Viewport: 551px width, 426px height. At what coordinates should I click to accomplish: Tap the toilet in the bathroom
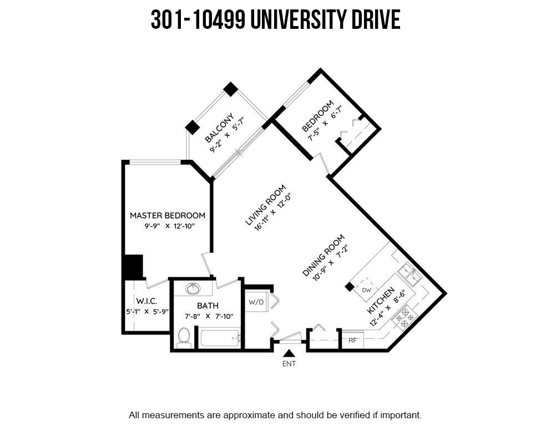pos(184,337)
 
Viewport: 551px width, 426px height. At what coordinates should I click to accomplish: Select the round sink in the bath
pos(193,289)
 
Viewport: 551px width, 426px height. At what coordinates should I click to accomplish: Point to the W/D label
pos(256,302)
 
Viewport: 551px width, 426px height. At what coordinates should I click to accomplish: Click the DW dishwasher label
pos(367,290)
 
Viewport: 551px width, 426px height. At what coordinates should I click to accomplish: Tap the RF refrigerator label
pos(352,340)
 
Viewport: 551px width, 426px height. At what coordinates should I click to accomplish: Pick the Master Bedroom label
pos(168,215)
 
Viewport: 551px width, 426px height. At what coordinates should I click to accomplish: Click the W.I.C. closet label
pos(146,301)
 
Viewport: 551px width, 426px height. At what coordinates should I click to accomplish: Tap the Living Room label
pos(265,205)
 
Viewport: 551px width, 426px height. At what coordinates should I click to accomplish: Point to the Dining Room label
pos(323,256)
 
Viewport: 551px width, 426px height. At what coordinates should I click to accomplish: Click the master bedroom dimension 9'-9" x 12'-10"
pos(169,226)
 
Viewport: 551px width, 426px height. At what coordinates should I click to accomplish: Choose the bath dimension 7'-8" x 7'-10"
pos(209,316)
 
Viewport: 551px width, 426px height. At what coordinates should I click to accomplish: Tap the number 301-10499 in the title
pos(198,19)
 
